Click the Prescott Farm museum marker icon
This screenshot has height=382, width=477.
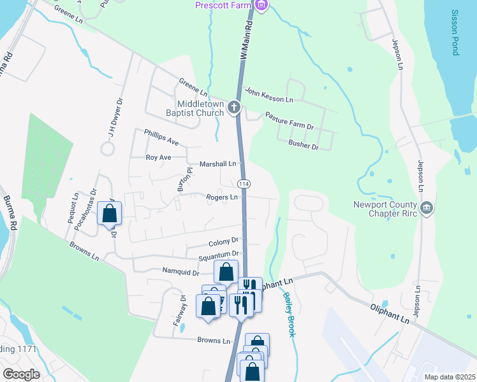[x=260, y=5]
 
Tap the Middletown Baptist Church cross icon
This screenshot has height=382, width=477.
[x=234, y=107]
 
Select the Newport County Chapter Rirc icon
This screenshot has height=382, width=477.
[x=427, y=207]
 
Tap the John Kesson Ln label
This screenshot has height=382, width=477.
[x=269, y=95]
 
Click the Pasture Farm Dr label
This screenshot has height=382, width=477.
[x=290, y=123]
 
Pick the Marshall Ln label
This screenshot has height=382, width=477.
[x=217, y=164]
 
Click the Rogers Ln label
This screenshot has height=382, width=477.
[x=221, y=197]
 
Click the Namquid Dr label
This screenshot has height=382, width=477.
[x=181, y=272]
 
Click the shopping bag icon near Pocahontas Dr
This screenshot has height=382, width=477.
[x=110, y=213]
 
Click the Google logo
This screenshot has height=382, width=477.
[x=21, y=374]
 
